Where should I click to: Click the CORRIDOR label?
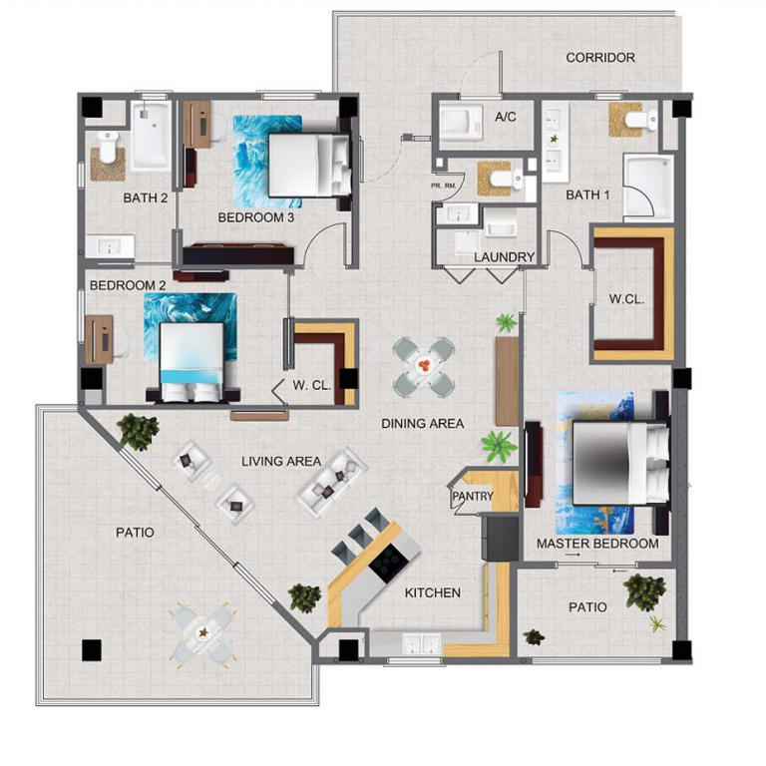(x=600, y=58)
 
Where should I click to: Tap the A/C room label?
(x=505, y=117)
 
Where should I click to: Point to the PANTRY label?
(x=473, y=497)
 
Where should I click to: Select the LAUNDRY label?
(x=504, y=257)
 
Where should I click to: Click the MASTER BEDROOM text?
(x=597, y=544)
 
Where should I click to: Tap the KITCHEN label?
(x=432, y=592)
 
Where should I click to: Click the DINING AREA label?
(x=423, y=424)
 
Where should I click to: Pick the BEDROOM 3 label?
(x=256, y=217)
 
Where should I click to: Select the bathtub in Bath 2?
(x=151, y=136)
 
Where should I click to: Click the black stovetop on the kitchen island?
(x=389, y=564)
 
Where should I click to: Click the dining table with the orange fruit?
(x=424, y=366)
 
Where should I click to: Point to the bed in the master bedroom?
(x=621, y=463)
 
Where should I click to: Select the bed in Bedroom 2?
(x=192, y=360)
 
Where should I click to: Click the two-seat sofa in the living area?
(x=333, y=481)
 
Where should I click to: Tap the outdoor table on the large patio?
(x=202, y=633)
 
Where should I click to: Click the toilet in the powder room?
(x=506, y=179)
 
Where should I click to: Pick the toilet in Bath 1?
(x=640, y=120)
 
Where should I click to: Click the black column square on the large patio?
(x=92, y=650)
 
